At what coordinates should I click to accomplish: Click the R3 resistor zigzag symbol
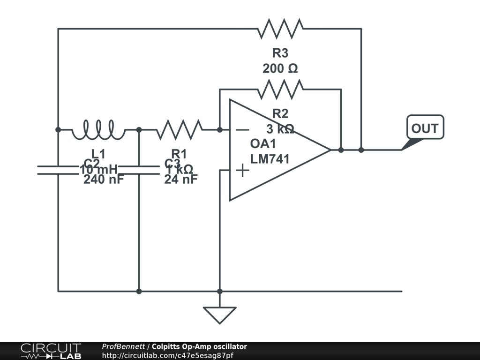[x=280, y=29]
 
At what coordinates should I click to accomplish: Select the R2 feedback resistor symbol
[x=280, y=89]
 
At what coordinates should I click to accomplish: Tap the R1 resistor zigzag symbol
[x=180, y=130]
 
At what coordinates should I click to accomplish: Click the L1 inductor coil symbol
[x=98, y=130]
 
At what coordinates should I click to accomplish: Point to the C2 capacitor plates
[x=58, y=170]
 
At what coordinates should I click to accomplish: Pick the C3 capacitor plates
[x=139, y=170]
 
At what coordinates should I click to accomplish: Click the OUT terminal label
[x=425, y=128]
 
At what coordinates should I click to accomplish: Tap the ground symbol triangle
[x=219, y=315]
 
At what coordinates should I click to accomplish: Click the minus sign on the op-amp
[x=242, y=130]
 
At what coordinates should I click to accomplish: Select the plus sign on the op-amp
[x=242, y=170]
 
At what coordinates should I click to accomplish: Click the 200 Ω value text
[x=280, y=68]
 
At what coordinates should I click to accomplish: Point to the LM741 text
[x=270, y=159]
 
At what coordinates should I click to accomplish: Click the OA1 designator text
[x=263, y=144]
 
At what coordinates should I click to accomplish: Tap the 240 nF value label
[x=104, y=179]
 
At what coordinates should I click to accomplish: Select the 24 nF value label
[x=181, y=179]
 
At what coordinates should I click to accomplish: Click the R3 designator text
[x=280, y=53]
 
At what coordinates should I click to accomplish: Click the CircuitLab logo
[x=51, y=351]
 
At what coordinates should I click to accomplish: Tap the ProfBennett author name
[x=123, y=347]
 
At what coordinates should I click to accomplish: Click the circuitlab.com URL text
[x=167, y=356]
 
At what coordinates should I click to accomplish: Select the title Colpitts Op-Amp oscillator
[x=199, y=347]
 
